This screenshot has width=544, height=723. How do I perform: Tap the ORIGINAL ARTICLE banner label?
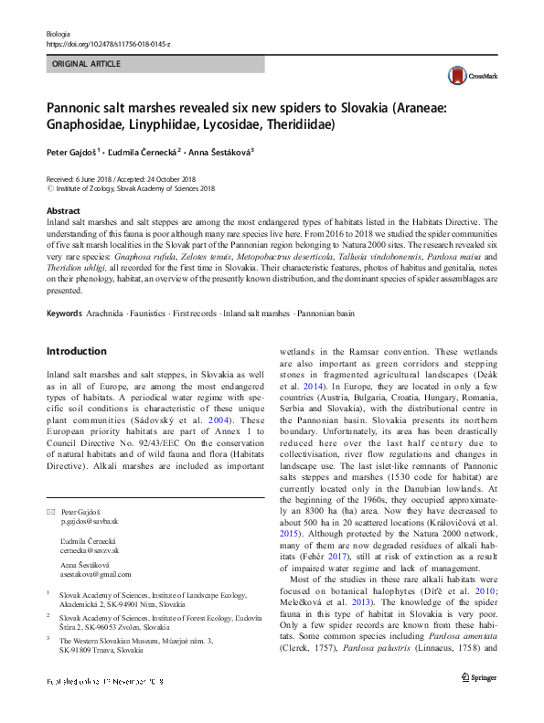pyautogui.click(x=86, y=65)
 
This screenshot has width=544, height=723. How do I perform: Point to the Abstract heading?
pyautogui.click(x=63, y=210)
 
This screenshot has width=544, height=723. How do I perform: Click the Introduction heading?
pyautogui.click(x=76, y=351)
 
